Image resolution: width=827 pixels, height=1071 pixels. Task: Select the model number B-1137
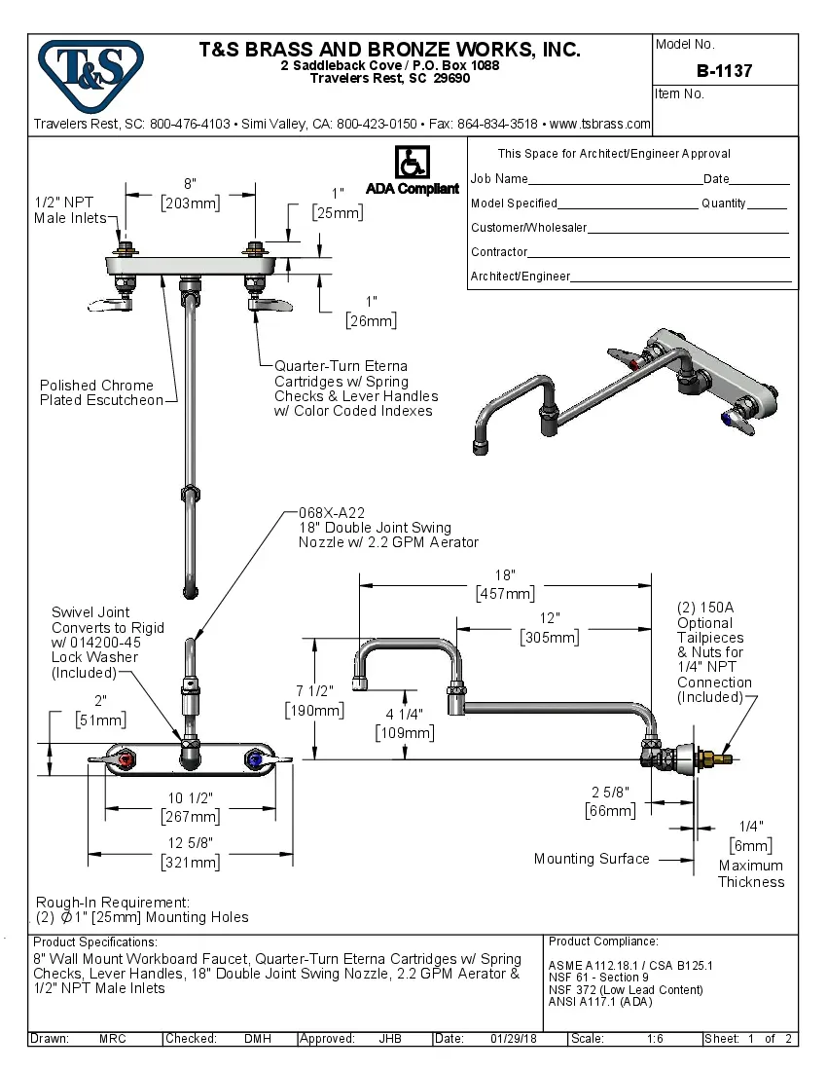[x=724, y=71]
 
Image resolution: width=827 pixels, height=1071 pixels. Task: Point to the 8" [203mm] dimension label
[x=190, y=194]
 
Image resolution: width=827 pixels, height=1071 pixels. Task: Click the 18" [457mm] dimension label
[x=504, y=584]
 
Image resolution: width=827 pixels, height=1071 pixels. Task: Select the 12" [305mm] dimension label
[x=551, y=628]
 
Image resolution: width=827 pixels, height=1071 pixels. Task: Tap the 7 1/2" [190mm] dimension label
[x=313, y=700]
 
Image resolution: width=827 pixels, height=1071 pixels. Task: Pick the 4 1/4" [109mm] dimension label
[x=404, y=722]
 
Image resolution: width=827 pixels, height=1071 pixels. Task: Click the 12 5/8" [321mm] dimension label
[x=191, y=852]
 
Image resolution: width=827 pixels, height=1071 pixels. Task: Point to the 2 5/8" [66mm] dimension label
[x=610, y=800]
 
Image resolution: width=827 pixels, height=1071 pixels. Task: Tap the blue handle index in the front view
[x=256, y=757]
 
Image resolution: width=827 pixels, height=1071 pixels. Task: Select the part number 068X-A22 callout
[x=332, y=512]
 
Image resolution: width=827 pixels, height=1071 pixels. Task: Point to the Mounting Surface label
[x=592, y=859]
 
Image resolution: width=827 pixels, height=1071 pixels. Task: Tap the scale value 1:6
[x=655, y=1039]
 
